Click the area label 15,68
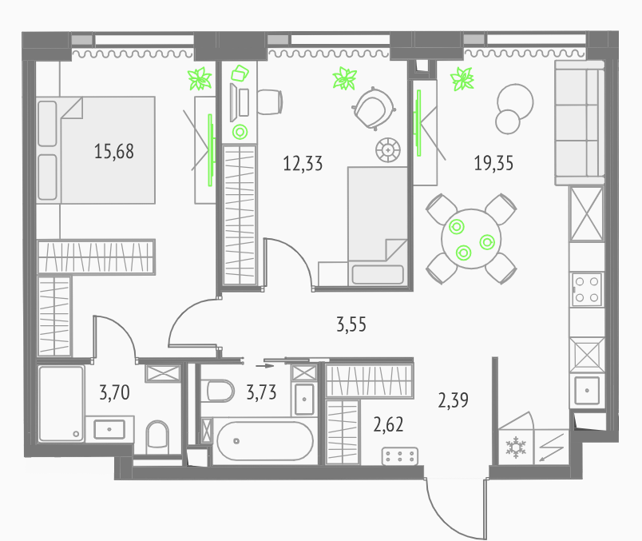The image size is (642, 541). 114,151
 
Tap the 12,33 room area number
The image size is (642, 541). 303,164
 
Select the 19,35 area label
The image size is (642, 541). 493,163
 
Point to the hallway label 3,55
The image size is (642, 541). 351,324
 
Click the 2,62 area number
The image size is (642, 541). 388,424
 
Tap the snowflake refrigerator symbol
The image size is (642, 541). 516,447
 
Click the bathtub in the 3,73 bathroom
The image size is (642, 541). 265,441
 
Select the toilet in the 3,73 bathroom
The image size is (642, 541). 220,391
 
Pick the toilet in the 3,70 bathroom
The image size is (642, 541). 157,436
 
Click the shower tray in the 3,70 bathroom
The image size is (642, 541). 61,404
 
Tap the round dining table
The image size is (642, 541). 471,239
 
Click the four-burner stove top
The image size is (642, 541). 587,289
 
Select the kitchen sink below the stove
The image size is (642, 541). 587,390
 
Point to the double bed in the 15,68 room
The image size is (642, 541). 96,150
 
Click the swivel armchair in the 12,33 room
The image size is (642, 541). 374,109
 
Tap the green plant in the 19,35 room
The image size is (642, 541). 462,78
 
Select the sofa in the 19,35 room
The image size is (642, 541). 580,123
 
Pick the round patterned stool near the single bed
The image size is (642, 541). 388,150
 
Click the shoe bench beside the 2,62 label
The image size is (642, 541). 400,456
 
